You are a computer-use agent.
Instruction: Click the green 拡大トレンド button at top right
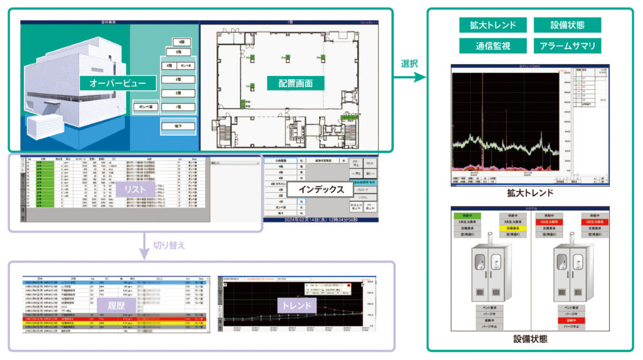(492, 25)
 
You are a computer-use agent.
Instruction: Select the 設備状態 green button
(567, 25)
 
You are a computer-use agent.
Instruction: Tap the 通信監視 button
(492, 46)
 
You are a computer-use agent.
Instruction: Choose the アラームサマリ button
(567, 46)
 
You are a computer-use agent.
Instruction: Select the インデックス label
(320, 189)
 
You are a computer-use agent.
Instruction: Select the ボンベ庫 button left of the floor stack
(146, 107)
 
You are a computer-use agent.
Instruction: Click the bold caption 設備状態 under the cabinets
(530, 340)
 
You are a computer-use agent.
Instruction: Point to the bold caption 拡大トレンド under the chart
(530, 193)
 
